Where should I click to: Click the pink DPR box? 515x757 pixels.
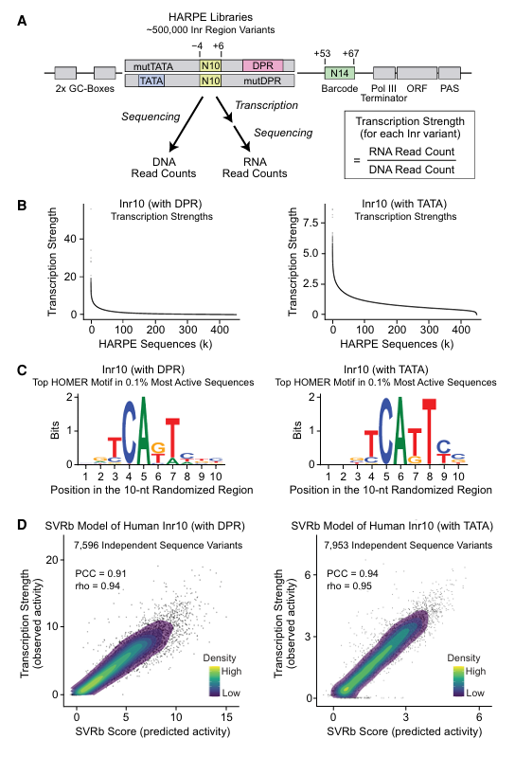coord(263,65)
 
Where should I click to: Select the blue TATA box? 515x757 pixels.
coord(151,81)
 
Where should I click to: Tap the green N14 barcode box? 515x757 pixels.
coord(340,73)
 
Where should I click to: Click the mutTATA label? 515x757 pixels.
coord(152,66)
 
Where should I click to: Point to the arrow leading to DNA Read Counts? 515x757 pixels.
coord(186,124)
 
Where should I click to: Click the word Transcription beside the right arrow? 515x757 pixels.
coord(266,105)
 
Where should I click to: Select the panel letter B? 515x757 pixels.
coord(22,206)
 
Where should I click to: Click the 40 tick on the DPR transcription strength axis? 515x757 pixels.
coord(70,239)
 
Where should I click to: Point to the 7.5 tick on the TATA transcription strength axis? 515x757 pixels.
coord(311,223)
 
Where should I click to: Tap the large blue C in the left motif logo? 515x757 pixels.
coord(129,432)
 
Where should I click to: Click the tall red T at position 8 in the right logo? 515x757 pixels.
coord(429,430)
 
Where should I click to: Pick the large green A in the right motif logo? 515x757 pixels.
coord(400,430)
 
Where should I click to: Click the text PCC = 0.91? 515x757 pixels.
coord(100,573)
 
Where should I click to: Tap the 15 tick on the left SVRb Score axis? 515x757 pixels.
coord(226,717)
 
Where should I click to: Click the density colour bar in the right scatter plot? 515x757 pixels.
coord(458,682)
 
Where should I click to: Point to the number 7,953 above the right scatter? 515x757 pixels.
coord(336,546)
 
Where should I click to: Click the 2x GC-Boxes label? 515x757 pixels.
coord(85,89)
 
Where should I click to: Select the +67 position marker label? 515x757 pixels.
coord(350,53)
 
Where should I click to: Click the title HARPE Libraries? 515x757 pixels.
coord(211,17)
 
